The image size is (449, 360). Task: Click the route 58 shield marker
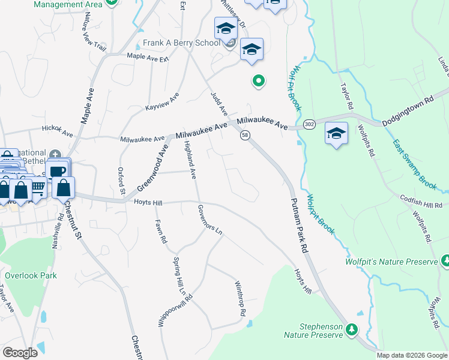[245, 136]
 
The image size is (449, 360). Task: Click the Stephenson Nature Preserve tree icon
[352, 329]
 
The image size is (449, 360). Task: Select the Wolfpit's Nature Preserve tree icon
[445, 261]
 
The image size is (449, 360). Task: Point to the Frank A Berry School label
[181, 43]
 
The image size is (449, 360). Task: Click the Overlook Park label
[31, 276]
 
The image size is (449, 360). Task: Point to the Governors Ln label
[210, 220]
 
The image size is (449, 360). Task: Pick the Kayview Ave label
[162, 101]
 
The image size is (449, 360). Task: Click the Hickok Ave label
[57, 129]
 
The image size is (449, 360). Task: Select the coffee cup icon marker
[58, 170]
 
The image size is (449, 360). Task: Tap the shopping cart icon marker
[38, 188]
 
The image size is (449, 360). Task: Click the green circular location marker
[259, 80]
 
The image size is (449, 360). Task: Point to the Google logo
[20, 353]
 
